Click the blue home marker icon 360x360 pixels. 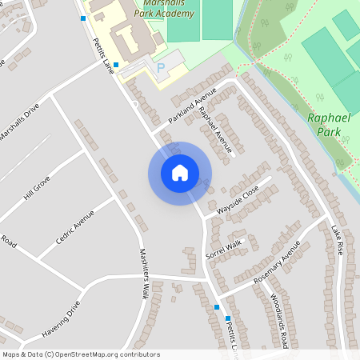click(x=179, y=173)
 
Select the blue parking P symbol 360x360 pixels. click(x=161, y=68)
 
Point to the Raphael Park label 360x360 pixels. click(x=329, y=124)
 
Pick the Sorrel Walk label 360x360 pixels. click(x=223, y=249)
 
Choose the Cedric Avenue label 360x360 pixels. click(x=75, y=228)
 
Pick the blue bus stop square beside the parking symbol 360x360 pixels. click(x=116, y=65)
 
